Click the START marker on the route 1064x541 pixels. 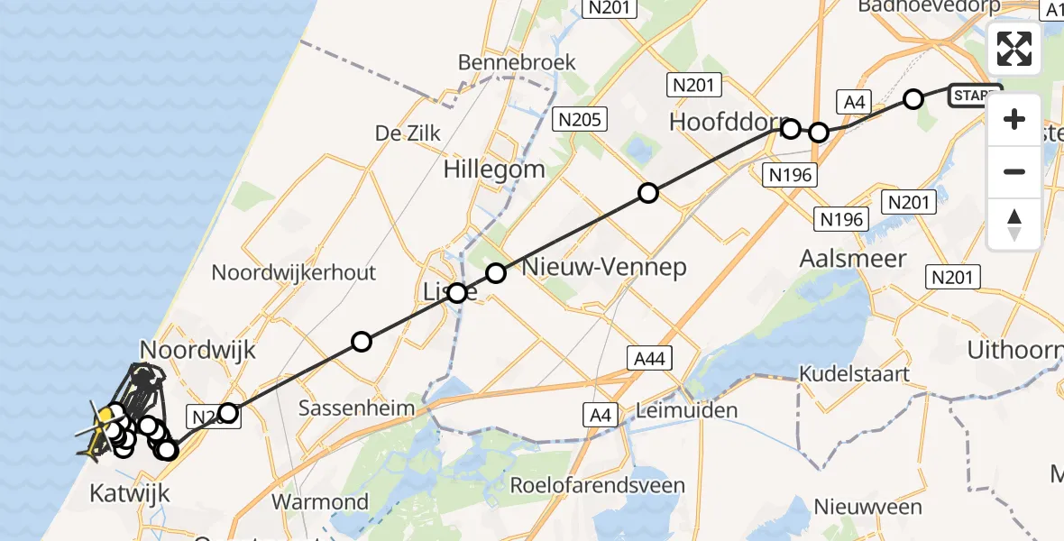tap(976, 96)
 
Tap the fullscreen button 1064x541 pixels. tap(1014, 49)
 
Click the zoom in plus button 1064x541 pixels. tap(1014, 119)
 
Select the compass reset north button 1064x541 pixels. tap(1014, 224)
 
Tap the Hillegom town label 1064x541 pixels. tap(494, 169)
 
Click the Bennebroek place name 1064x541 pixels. tap(517, 63)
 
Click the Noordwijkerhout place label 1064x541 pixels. tap(294, 272)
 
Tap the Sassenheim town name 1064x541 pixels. tap(358, 408)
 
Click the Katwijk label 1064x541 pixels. tap(128, 492)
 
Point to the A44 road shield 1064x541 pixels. tap(649, 359)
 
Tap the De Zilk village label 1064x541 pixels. tap(408, 133)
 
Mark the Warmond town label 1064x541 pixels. tap(320, 501)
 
